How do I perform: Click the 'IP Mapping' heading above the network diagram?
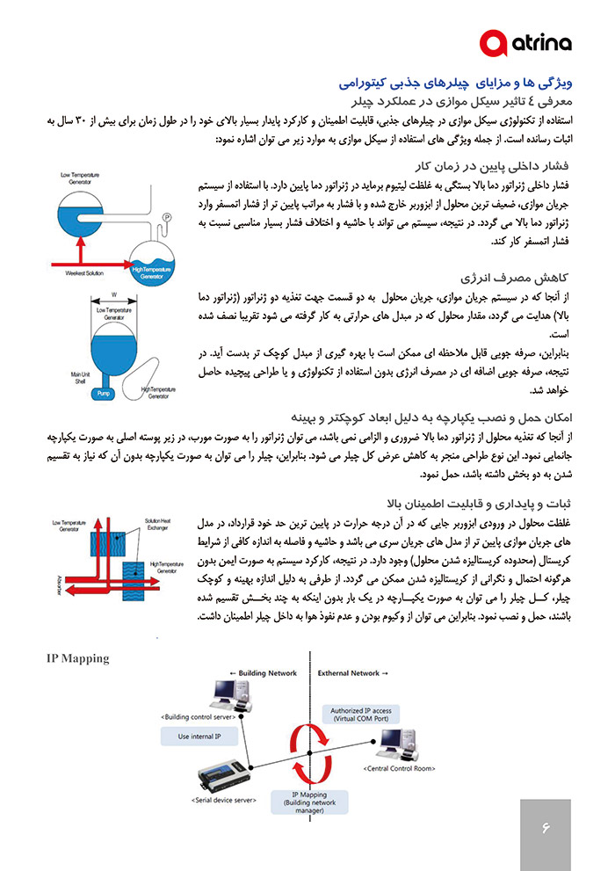pos(78,658)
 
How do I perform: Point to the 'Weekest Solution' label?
pos(84,273)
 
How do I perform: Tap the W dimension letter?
pos(114,294)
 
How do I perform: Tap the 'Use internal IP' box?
pos(199,737)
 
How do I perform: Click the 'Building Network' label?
pos(263,673)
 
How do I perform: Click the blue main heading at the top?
pos(456,83)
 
